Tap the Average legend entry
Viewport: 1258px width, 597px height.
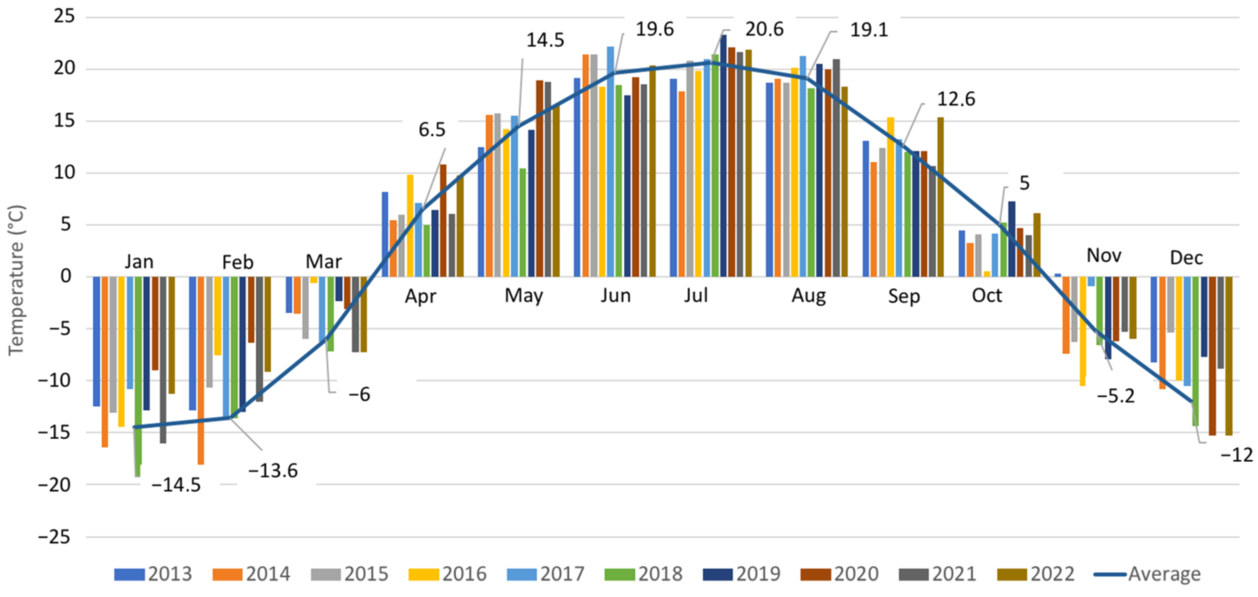click(1148, 574)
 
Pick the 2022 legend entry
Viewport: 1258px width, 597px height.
click(1036, 574)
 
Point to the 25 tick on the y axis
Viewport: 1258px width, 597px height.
click(65, 17)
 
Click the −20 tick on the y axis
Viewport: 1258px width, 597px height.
click(55, 485)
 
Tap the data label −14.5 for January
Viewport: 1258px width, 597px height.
click(176, 485)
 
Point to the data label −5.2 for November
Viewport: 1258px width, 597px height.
click(1116, 396)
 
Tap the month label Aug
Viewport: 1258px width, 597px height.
click(809, 296)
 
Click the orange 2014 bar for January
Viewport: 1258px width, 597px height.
click(104, 361)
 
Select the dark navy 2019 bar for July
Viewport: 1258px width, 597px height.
click(723, 156)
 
